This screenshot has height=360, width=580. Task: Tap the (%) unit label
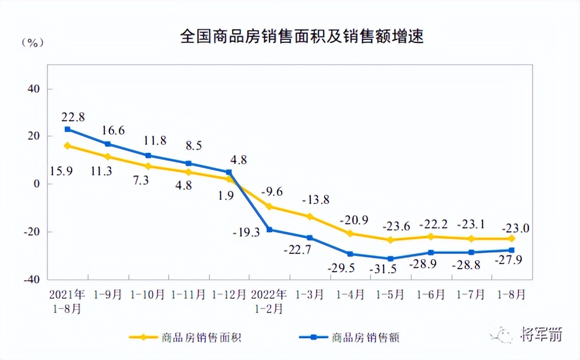[x=32, y=43]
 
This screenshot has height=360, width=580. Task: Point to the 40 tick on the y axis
[x=33, y=89]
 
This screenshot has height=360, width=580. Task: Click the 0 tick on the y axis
[x=37, y=184]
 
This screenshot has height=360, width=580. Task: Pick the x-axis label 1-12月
[x=229, y=295]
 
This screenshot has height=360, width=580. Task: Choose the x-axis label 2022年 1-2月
[x=269, y=301]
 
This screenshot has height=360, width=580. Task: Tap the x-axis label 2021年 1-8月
[x=67, y=301]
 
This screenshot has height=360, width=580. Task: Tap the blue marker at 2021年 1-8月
[x=68, y=130]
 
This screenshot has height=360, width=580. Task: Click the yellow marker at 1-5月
[x=390, y=240]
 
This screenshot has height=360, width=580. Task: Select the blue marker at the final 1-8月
[x=511, y=250]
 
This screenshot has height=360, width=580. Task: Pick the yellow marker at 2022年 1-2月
[x=269, y=207]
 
